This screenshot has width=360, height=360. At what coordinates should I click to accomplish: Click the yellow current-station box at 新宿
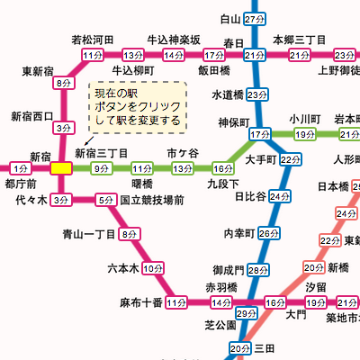61,167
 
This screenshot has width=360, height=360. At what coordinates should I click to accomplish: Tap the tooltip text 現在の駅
113,93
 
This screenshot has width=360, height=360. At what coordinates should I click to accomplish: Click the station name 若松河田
93,40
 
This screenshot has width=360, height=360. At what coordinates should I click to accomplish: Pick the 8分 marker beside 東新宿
62,84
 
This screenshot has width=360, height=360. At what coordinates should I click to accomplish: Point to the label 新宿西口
32,116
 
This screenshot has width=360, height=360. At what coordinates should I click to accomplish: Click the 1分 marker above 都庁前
20,167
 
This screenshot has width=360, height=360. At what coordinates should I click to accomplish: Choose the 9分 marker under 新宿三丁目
101,168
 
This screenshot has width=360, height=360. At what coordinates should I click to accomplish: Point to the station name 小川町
305,118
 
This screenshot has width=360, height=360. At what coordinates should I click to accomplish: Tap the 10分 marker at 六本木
152,268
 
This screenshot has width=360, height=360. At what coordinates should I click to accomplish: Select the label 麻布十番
140,302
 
